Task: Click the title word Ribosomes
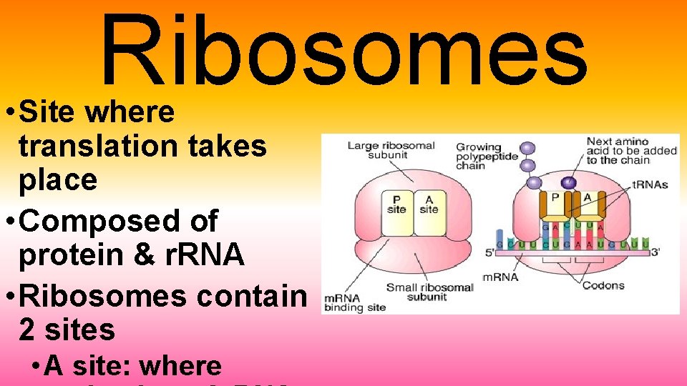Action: pos(343,50)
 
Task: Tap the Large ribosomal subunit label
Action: pos(391,150)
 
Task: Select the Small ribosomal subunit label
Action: pos(429,292)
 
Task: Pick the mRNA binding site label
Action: pos(356,303)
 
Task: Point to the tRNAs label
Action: pos(650,185)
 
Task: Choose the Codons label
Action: pos(603,285)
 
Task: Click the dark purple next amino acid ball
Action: pos(569,182)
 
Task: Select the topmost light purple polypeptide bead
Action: pos(528,149)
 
